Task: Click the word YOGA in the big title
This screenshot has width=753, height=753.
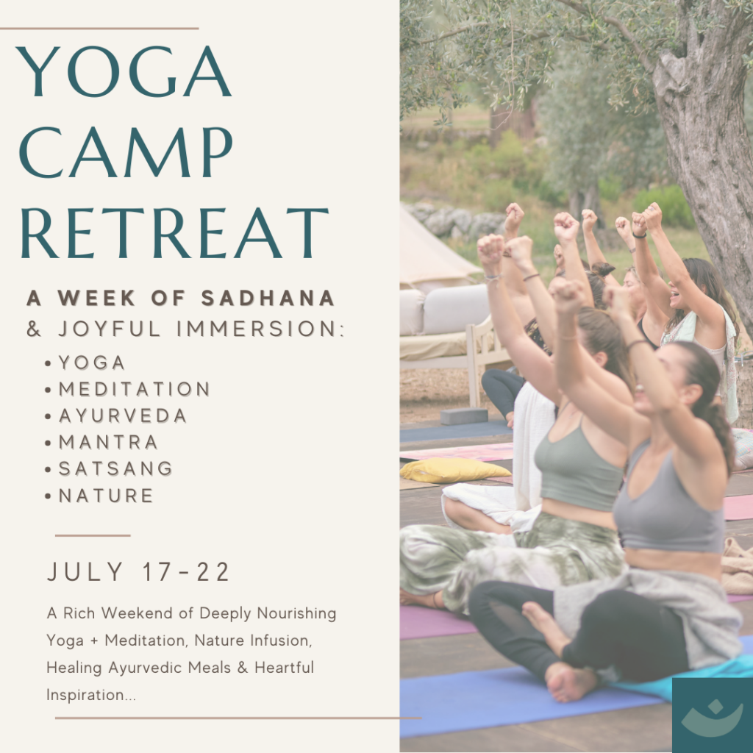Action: pyautogui.click(x=124, y=71)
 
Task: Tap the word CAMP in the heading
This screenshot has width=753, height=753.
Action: pyautogui.click(x=126, y=153)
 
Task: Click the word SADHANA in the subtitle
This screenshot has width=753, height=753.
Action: pyautogui.click(x=268, y=298)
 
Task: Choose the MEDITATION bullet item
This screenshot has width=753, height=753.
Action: pyautogui.click(x=134, y=389)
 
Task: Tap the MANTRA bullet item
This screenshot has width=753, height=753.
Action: pyautogui.click(x=108, y=442)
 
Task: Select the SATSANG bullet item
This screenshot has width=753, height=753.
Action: pyautogui.click(x=115, y=468)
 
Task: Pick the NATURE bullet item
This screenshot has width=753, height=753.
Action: pyautogui.click(x=106, y=496)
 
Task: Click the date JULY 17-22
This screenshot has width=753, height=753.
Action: pyautogui.click(x=138, y=572)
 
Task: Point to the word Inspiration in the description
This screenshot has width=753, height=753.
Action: pyautogui.click(x=91, y=695)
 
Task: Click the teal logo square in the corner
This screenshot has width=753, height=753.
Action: pyautogui.click(x=713, y=715)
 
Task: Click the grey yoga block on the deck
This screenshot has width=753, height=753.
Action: pyautogui.click(x=464, y=416)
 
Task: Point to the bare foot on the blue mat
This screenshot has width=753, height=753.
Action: pyautogui.click(x=571, y=681)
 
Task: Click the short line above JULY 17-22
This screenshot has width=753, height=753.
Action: pyautogui.click(x=93, y=535)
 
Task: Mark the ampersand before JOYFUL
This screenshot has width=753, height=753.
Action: pyautogui.click(x=34, y=329)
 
